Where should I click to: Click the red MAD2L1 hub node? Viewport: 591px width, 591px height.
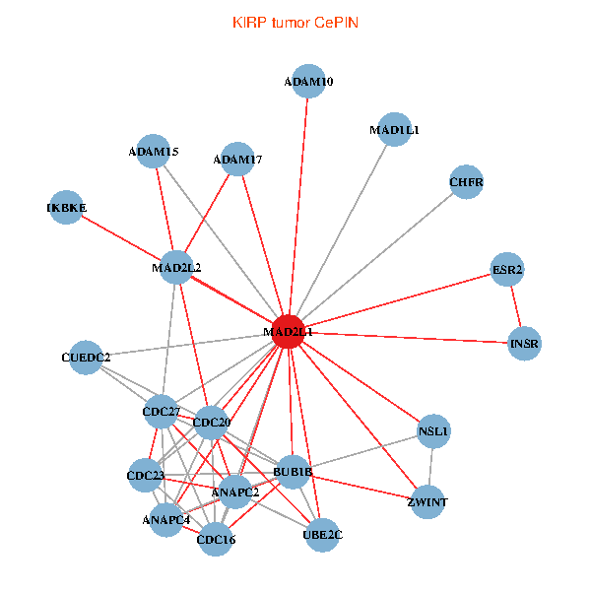288,332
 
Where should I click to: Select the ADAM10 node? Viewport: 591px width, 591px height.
308,82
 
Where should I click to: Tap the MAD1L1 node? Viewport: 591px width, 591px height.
394,129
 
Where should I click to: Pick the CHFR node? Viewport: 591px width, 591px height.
466,181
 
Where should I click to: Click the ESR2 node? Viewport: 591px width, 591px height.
507,269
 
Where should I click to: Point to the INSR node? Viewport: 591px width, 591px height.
524,344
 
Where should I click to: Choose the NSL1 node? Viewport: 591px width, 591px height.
433,430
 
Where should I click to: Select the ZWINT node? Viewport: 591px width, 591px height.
427,502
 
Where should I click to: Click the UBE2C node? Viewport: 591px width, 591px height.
323,534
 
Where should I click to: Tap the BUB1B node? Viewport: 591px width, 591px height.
293,472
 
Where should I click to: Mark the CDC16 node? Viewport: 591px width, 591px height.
216,539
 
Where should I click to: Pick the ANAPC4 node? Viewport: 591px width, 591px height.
165,519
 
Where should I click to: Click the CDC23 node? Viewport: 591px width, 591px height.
145,476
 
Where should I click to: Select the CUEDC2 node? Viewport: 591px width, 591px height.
86,357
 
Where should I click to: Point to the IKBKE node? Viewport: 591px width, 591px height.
66,208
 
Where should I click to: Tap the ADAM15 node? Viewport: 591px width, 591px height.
154,152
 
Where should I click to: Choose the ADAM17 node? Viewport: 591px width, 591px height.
237,159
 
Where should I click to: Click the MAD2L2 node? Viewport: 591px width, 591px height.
176,267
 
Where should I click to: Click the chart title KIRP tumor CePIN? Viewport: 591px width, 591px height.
295,22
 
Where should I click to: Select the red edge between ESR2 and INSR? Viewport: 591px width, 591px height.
516,306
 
